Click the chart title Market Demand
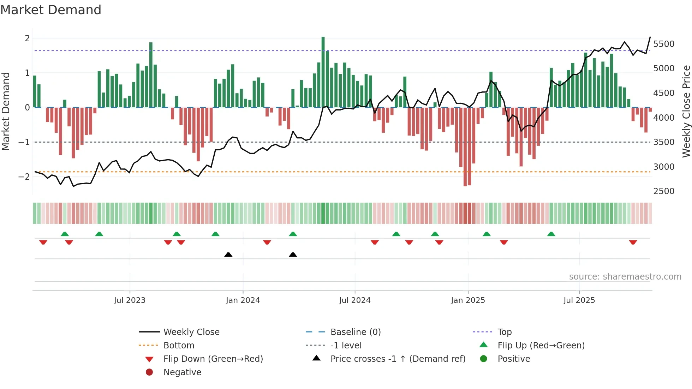pyautogui.click(x=51, y=10)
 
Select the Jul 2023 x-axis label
pyautogui.click(x=130, y=300)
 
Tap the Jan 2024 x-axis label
pyautogui.click(x=243, y=300)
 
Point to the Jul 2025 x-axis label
pyautogui.click(x=579, y=300)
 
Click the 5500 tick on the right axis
pyautogui.click(x=664, y=44)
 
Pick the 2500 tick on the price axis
pyautogui.click(x=664, y=191)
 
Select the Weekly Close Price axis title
pyautogui.click(x=686, y=111)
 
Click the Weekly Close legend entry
pyautogui.click(x=191, y=332)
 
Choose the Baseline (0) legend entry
pyautogui.click(x=355, y=332)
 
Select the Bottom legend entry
pyautogui.click(x=179, y=346)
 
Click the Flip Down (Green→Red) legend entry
pyautogui.click(x=213, y=359)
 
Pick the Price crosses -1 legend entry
pyautogui.click(x=398, y=359)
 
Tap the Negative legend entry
pyautogui.click(x=182, y=372)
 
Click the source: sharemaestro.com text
pyautogui.click(x=625, y=277)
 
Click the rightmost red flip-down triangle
pyautogui.click(x=633, y=243)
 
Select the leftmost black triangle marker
pyautogui.click(x=228, y=255)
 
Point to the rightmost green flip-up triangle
pyautogui.click(x=551, y=234)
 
